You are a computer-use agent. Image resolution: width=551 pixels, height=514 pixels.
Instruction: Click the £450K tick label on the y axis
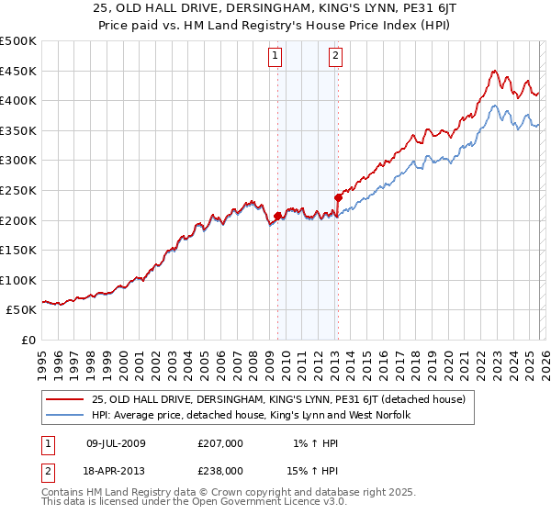point(18,71)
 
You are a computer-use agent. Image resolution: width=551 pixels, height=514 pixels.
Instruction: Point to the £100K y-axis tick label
point(18,280)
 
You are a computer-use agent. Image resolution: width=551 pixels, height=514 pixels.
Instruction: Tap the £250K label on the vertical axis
point(18,190)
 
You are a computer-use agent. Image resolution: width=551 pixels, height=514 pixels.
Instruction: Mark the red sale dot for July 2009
point(277,217)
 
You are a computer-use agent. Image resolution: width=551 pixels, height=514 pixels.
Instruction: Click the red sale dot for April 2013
point(338,197)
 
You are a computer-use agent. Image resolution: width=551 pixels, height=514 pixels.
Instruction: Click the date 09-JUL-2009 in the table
point(116,442)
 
